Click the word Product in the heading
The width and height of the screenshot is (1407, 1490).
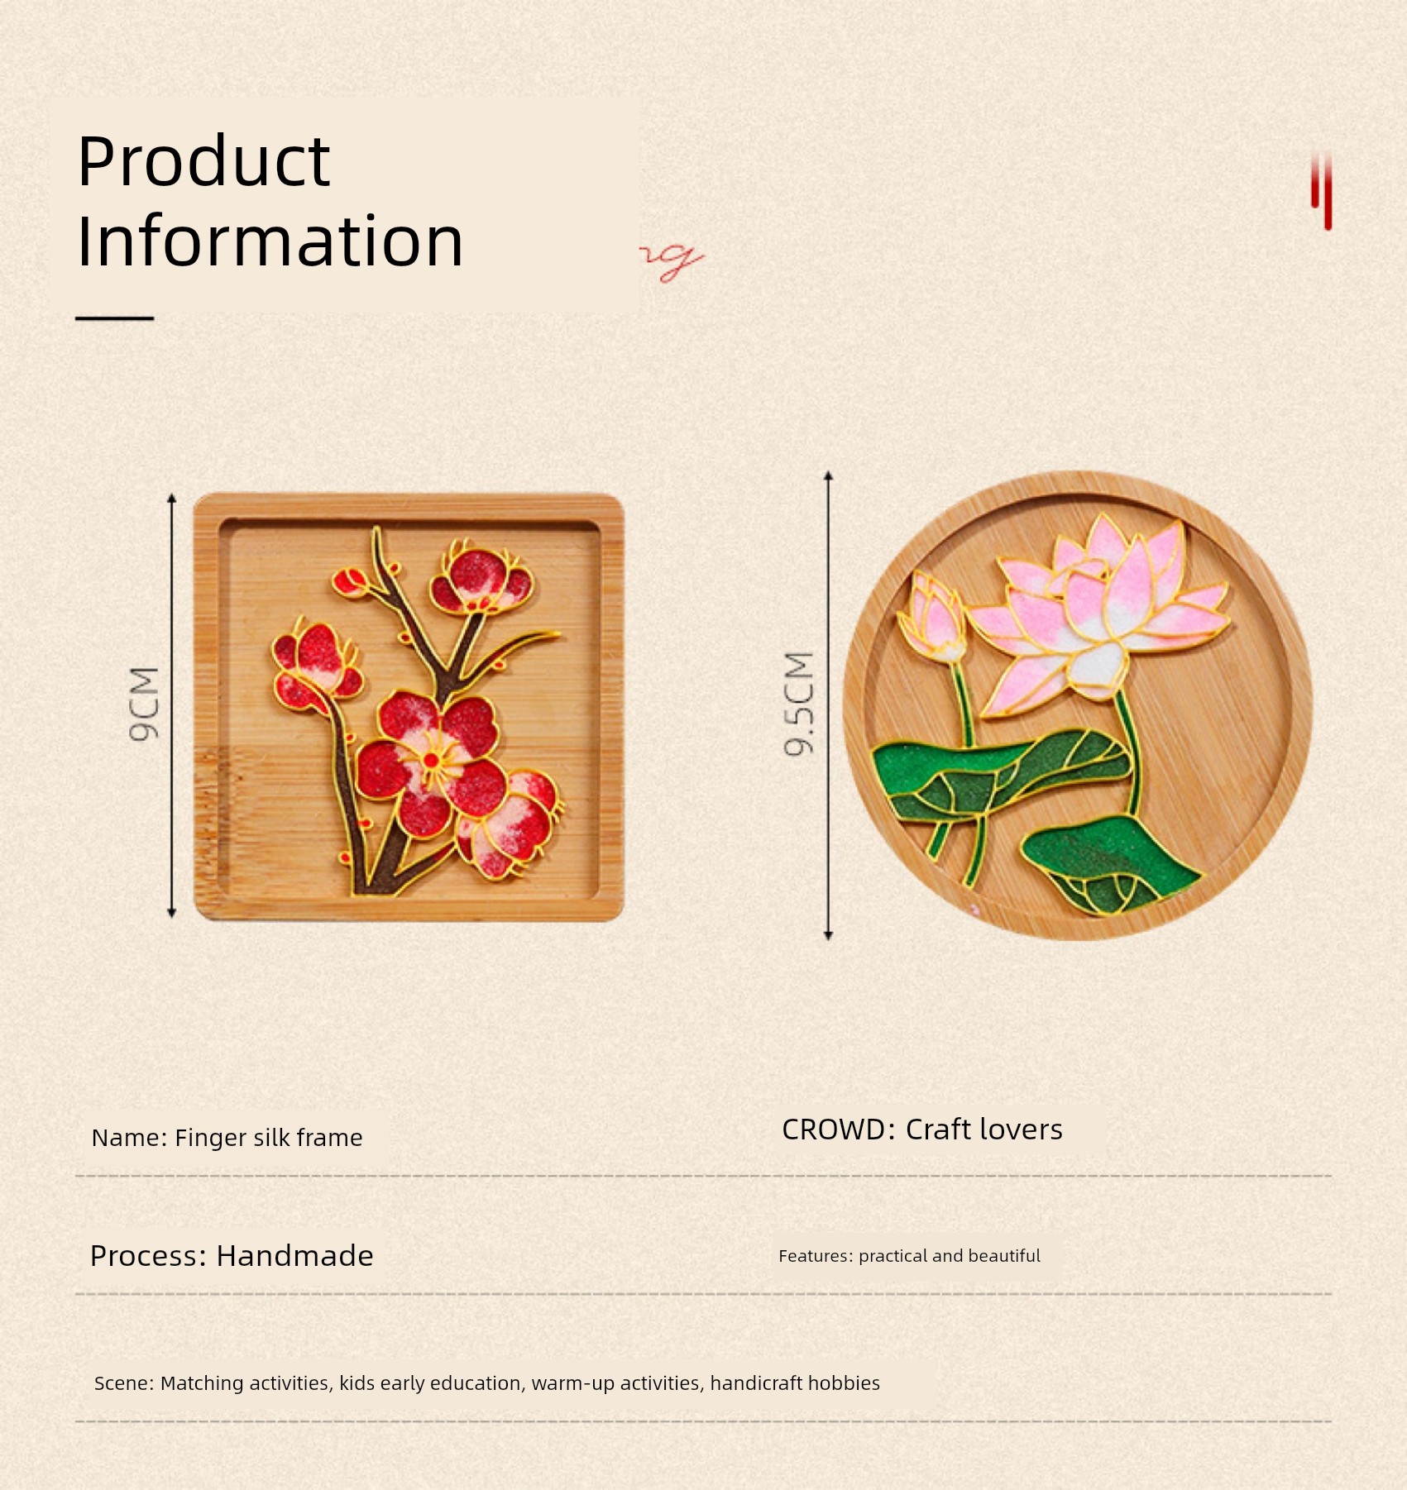click(x=203, y=161)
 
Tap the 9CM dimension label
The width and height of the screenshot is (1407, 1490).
click(x=144, y=704)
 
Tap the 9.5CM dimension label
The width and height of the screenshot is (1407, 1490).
click(x=799, y=704)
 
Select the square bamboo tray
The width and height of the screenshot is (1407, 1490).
click(x=409, y=707)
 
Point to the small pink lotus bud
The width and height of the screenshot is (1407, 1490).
click(x=933, y=616)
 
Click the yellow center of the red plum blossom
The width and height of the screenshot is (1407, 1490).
click(x=431, y=759)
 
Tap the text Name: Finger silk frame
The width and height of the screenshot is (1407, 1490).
click(x=227, y=1138)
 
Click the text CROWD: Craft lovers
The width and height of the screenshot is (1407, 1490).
click(x=922, y=1129)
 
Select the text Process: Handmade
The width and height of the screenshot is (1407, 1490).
click(x=232, y=1256)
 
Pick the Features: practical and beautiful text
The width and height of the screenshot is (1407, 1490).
click(x=909, y=1256)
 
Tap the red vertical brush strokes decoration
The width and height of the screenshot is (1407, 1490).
click(x=1321, y=191)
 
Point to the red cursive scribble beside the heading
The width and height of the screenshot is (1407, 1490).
click(x=672, y=261)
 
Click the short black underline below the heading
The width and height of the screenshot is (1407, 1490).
click(x=115, y=318)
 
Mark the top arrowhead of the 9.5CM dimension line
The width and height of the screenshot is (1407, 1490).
click(x=828, y=477)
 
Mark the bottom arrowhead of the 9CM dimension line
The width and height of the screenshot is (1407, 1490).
click(x=172, y=912)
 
